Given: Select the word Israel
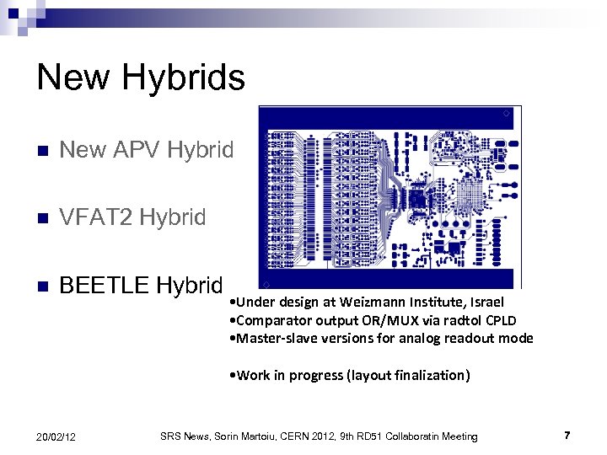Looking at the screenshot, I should (486, 302).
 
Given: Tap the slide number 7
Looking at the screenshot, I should (567, 435).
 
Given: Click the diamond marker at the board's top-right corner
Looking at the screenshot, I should (505, 113).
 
